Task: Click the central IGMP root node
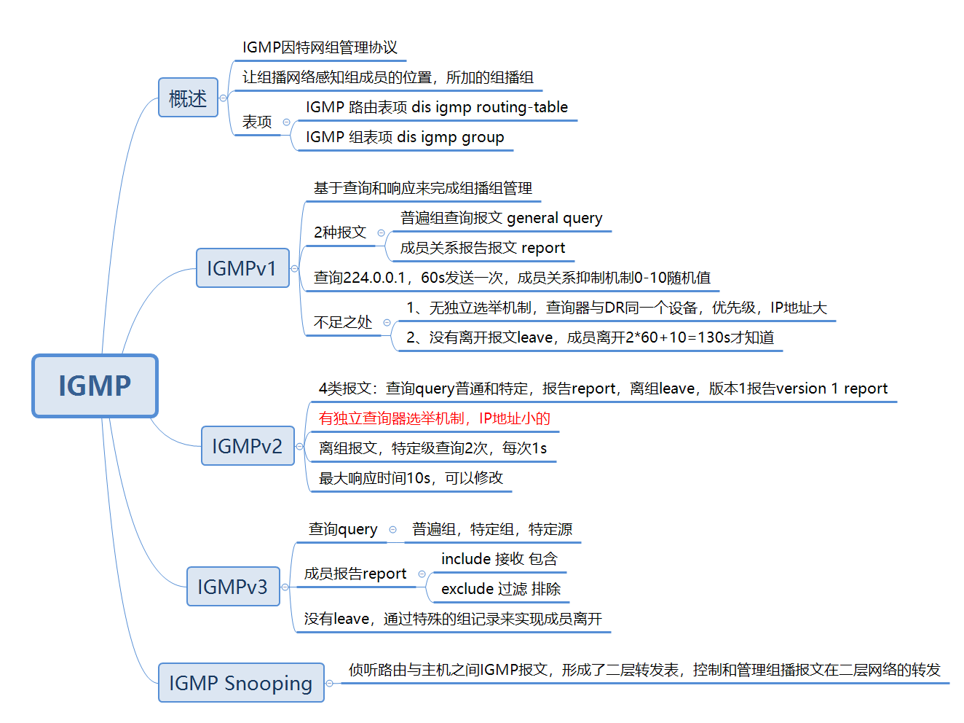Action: [x=95, y=386]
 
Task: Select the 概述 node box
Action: [x=188, y=98]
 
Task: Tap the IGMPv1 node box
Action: [x=242, y=268]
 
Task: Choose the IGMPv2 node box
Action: [x=248, y=446]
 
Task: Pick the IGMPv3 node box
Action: [x=233, y=587]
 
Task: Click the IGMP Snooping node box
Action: [x=241, y=683]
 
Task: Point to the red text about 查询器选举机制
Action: [x=434, y=418]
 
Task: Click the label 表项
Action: [x=257, y=122]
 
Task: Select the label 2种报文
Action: [x=340, y=232]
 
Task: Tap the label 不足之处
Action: [x=343, y=322]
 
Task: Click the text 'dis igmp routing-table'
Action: [x=489, y=107]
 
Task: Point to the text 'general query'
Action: [x=554, y=218]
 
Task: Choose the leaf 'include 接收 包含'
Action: [x=499, y=559]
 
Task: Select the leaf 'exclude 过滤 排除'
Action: [x=500, y=589]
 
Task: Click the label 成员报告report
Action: [x=355, y=574]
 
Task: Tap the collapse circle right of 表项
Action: [x=286, y=122]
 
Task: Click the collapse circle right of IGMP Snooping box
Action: [x=330, y=683]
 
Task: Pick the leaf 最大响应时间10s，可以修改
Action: [x=411, y=478]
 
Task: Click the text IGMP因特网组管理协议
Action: [x=320, y=47]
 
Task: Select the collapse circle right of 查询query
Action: [x=393, y=530]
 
